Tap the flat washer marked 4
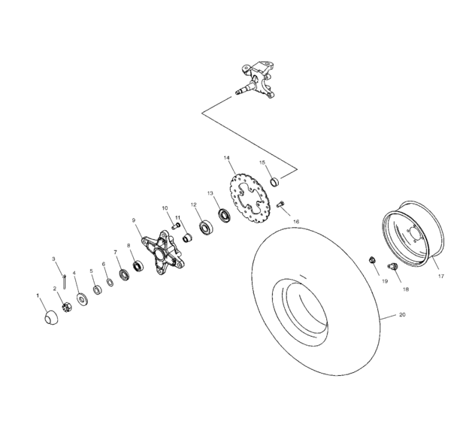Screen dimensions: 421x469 pos(80,297)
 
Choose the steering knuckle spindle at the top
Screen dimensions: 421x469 pos(256,80)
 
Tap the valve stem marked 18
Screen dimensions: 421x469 pos(392,267)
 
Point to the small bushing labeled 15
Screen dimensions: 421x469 pos(276,180)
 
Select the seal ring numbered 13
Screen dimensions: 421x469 pos(224,216)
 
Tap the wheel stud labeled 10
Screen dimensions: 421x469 pos(168,219)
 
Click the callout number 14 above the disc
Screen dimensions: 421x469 pos(226,158)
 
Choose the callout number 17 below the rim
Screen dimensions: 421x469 pos(441,276)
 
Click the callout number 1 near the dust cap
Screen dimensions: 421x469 pos(38,295)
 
